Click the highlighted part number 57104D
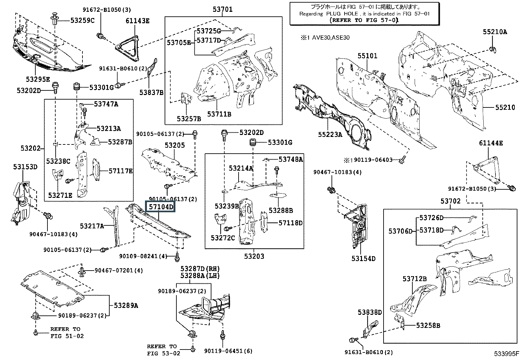pos(161,207)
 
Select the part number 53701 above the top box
pos(223,9)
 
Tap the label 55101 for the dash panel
pos(368,56)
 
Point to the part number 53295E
pos(38,79)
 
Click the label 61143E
pos(137,21)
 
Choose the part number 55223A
pos(330,135)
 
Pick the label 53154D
pos(363,258)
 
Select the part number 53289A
pos(126,306)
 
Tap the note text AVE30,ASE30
pos(331,38)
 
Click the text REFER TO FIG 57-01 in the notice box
pos(364,20)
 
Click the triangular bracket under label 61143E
pos(128,48)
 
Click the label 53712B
pos(415,279)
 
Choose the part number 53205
pos(175,145)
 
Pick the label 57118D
pos(291,223)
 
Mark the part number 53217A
pos(92,226)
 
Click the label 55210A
pos(495,32)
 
